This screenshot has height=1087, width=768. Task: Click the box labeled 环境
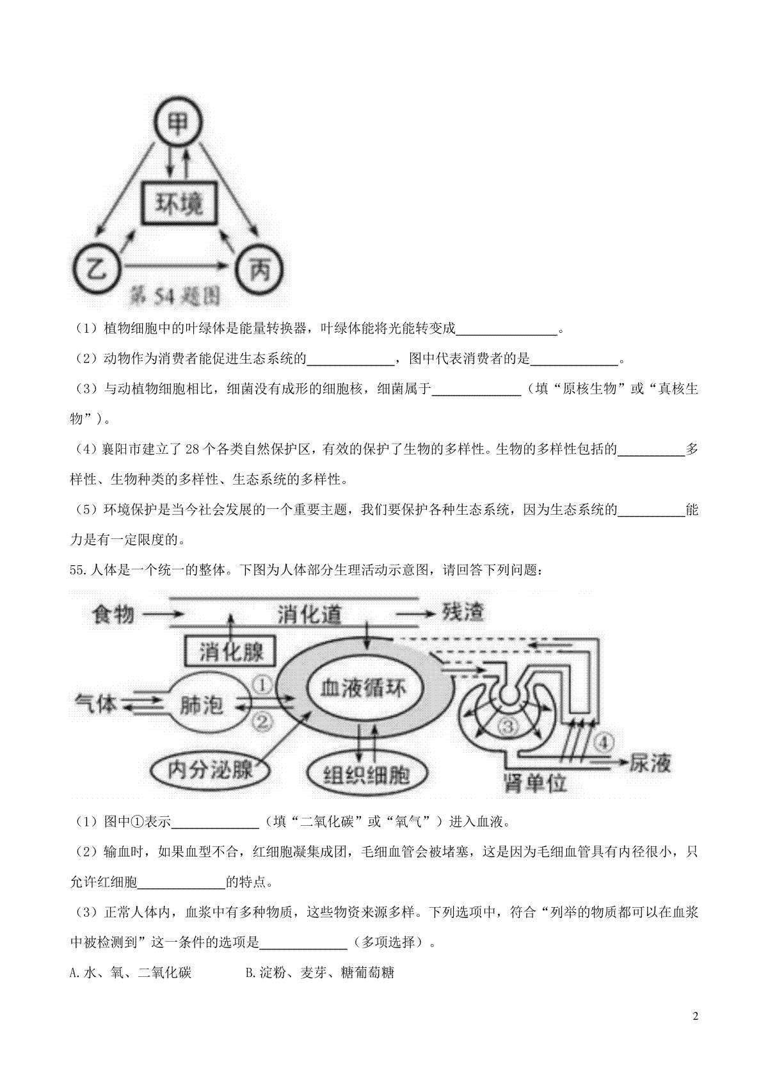pos(179,203)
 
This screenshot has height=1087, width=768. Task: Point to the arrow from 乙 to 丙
pos(175,266)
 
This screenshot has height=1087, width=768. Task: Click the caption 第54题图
pos(175,296)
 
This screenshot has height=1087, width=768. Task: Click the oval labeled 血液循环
pos(365,688)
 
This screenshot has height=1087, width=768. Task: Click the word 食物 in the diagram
pos(113,614)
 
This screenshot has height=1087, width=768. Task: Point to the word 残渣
pos(462,613)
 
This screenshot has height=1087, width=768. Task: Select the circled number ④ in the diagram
pos(604,742)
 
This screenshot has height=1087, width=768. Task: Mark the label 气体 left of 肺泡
pos(95,703)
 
